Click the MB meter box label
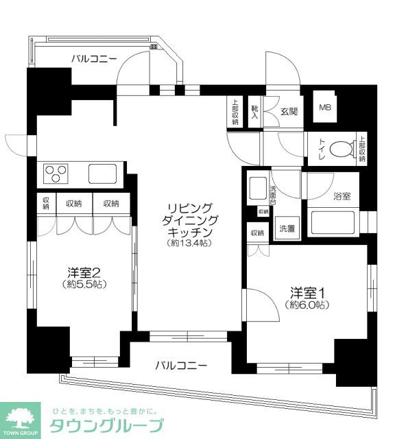coord(325,107)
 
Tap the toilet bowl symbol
coord(343,149)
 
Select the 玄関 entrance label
coord(289,112)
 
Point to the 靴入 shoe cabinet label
coord(254,112)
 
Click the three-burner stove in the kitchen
coord(56,174)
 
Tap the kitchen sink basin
coord(102,174)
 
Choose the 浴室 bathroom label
coord(342,196)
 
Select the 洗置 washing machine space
coord(287,228)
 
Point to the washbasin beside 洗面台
coord(258,188)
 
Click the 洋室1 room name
coord(307,293)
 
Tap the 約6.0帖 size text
coord(307,305)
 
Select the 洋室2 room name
coord(84,272)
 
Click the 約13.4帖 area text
coord(189,243)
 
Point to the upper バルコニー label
coord(94,59)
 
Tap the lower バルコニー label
coord(181,366)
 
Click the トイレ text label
coord(321,149)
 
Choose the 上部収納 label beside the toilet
coord(362,149)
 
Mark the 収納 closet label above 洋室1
coord(257,233)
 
